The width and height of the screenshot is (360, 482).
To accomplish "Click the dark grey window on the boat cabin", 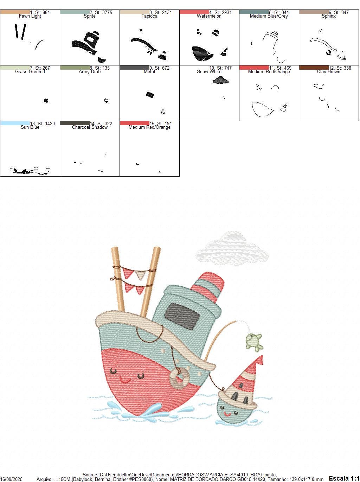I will click(x=182, y=316).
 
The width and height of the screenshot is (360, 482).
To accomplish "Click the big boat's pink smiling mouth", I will click(x=125, y=380).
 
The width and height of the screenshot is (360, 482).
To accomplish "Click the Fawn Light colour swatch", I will click(x=15, y=12).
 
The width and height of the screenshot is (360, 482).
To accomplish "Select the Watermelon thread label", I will click(x=209, y=16).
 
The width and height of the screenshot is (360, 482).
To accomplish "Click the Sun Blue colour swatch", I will click(x=15, y=123).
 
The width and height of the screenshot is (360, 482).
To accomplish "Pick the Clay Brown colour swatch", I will click(x=314, y=68).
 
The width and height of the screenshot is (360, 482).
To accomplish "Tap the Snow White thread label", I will click(x=209, y=72).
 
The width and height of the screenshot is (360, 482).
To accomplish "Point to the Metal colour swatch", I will click(x=134, y=68).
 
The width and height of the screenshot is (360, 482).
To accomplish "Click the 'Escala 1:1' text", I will click(x=343, y=478).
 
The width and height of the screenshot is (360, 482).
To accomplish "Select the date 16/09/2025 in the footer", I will click(x=11, y=479).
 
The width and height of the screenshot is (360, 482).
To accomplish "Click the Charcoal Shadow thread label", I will click(x=90, y=127).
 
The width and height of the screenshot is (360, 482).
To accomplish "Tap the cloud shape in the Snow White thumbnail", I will click(x=220, y=81).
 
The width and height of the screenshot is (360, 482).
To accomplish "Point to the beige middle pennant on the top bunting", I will click(x=140, y=274).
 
